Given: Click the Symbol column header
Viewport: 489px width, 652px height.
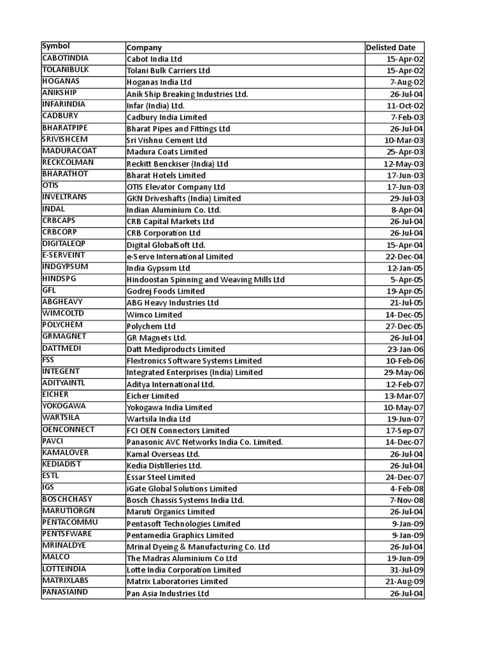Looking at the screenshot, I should tap(56, 46).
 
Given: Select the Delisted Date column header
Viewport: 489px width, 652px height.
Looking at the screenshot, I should tap(390, 47).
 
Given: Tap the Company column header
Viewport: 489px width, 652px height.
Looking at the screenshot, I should tap(145, 47).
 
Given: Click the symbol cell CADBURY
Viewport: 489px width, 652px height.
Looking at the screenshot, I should tap(59, 116).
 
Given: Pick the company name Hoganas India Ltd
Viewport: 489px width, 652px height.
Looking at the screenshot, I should tap(159, 82).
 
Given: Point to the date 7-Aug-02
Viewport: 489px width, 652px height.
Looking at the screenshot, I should tap(404, 82).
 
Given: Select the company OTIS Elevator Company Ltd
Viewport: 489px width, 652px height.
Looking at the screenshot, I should tap(176, 187).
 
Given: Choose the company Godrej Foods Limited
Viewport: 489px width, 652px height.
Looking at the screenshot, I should tap(166, 291).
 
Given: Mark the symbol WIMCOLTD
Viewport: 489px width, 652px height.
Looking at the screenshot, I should tap(63, 313).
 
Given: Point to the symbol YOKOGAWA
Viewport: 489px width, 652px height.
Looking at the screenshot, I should tap(64, 406).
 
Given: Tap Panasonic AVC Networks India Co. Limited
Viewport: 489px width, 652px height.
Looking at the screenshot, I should tap(204, 442).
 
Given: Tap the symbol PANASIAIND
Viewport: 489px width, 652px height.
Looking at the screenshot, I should tap(65, 592).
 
